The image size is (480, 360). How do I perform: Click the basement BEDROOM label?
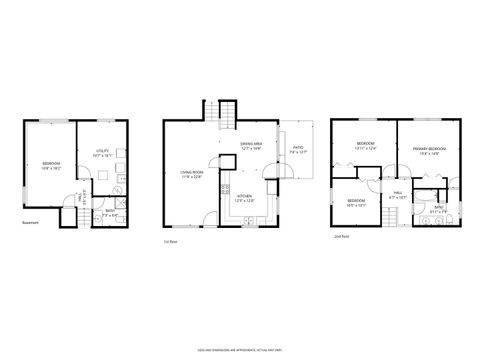tap(51, 164)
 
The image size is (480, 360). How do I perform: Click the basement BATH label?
tap(111, 211)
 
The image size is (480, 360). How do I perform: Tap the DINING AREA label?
tap(251, 146)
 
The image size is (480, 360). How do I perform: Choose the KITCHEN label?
tap(243, 197)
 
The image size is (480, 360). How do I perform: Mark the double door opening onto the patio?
tap(283, 171)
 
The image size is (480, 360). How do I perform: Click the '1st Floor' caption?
tap(172, 241)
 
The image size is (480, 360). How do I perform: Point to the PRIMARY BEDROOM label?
tap(429, 151)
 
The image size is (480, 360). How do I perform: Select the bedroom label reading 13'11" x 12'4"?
tap(365, 147)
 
